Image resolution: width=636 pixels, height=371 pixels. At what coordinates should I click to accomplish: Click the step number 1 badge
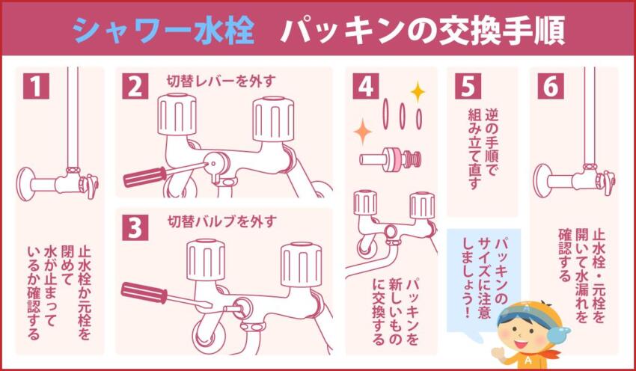(x=36, y=86)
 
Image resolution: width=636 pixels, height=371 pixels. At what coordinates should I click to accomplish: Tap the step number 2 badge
(x=135, y=86)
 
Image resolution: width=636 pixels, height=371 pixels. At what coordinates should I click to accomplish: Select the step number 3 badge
(x=135, y=227)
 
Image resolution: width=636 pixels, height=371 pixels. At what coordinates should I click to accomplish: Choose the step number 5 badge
(x=467, y=86)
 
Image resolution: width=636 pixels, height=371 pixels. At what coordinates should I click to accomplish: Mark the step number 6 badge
(x=551, y=86)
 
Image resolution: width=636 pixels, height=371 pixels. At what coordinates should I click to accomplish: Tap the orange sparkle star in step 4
(x=363, y=132)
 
